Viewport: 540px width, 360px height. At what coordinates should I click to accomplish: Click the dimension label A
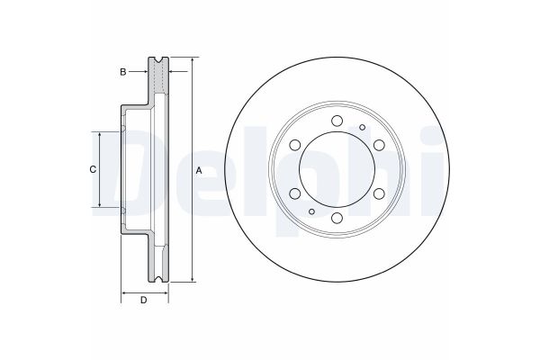click(200, 170)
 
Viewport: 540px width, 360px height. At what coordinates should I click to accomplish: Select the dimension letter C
click(92, 170)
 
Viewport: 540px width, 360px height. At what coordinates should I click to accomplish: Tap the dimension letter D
click(144, 300)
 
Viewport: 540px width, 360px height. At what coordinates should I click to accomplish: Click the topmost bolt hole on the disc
click(336, 121)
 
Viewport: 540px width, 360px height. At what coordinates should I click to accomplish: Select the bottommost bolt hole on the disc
click(336, 218)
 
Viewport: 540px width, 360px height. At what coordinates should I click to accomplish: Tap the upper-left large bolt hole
click(294, 146)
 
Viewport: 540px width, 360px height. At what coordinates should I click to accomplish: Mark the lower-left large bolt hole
click(294, 193)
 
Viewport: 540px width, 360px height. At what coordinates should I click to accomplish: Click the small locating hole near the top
click(361, 128)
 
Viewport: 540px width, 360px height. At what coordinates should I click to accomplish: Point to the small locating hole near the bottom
click(311, 211)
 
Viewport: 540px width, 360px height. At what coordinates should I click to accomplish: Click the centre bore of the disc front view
click(336, 170)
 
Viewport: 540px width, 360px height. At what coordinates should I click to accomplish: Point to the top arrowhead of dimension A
click(192, 61)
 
